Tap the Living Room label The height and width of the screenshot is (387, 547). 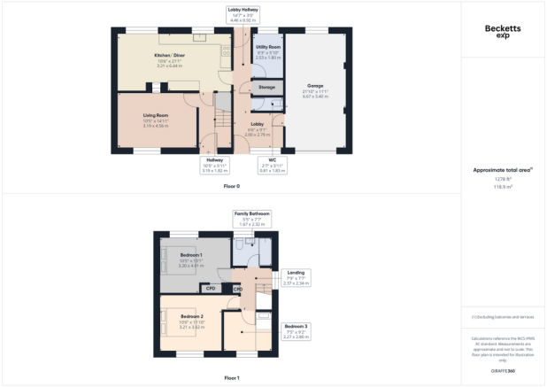pos(156,117)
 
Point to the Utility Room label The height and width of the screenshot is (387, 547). pos(268,49)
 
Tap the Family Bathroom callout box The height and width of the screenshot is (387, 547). pos(251,218)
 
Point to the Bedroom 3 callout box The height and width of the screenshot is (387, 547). pos(296,330)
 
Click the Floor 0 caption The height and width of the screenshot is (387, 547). pos(232,186)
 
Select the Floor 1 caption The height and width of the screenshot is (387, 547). pos(232,377)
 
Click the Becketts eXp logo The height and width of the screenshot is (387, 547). pos(504,31)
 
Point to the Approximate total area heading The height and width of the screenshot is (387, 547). pos(503,168)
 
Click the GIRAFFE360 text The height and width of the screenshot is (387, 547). pos(504,369)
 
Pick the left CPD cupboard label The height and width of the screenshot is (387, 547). pos(211,289)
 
